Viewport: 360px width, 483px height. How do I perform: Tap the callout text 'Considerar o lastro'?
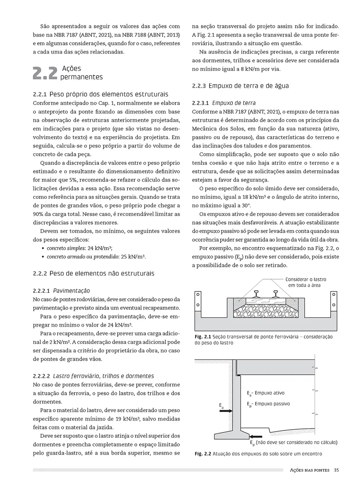click(305, 279)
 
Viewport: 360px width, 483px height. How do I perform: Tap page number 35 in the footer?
click(336, 470)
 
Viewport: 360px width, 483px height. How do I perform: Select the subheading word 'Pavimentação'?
click(71, 291)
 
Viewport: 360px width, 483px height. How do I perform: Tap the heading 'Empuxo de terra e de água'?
click(249, 86)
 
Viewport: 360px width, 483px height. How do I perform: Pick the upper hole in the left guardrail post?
click(199, 295)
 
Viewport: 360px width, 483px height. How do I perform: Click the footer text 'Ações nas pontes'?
click(309, 470)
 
